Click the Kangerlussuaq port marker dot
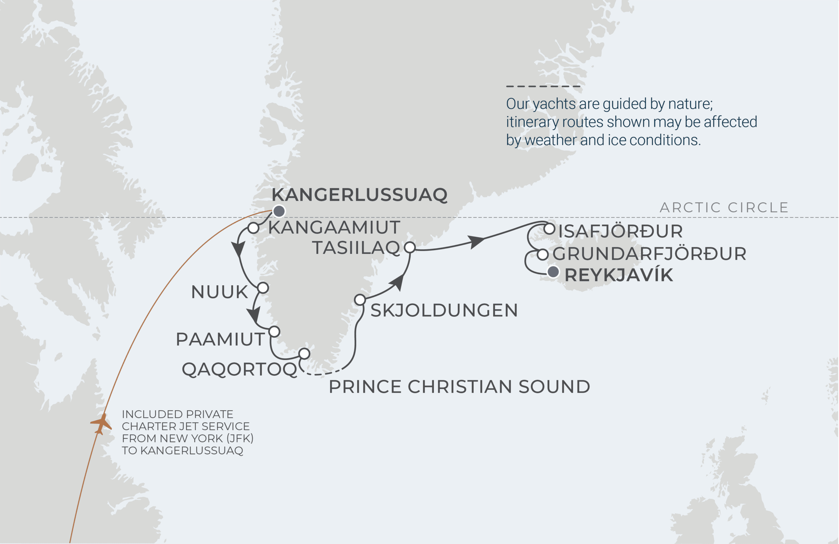(279, 211)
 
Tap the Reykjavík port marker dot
(553, 272)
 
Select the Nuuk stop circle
(263, 288)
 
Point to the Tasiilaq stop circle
(410, 247)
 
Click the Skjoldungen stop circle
(360, 300)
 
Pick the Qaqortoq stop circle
(304, 353)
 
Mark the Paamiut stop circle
(274, 331)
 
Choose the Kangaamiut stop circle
(253, 228)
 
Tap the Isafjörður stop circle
(549, 229)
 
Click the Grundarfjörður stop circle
(543, 254)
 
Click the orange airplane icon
(101, 424)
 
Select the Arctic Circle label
(724, 208)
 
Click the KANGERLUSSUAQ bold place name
(360, 195)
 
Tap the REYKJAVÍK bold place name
(619, 275)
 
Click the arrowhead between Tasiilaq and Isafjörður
(477, 242)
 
